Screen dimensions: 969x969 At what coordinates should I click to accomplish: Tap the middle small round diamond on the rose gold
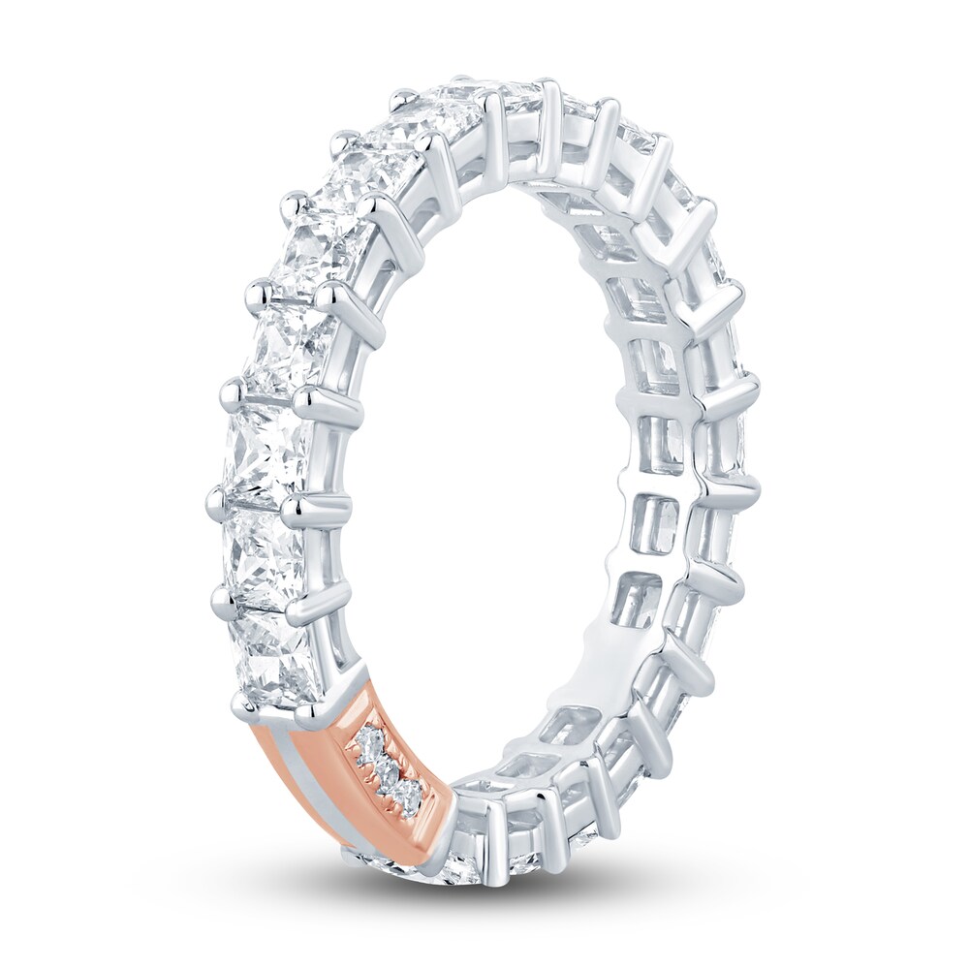point(387,772)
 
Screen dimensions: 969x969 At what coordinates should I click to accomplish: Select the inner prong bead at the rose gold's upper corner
point(313,716)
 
